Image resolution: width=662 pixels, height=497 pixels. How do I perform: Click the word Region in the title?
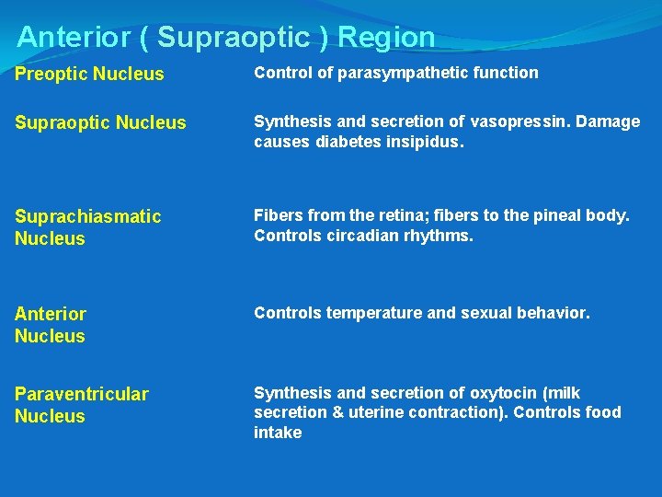(386, 38)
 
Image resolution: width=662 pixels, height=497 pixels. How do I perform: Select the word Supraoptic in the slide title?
(234, 38)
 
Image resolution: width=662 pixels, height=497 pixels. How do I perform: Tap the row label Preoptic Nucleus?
(89, 74)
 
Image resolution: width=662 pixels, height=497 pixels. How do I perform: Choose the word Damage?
(608, 121)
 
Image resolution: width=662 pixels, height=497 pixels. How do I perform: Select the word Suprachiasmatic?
(87, 216)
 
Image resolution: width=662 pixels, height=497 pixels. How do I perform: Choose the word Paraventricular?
(81, 394)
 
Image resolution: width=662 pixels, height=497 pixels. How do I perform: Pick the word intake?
(277, 432)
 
